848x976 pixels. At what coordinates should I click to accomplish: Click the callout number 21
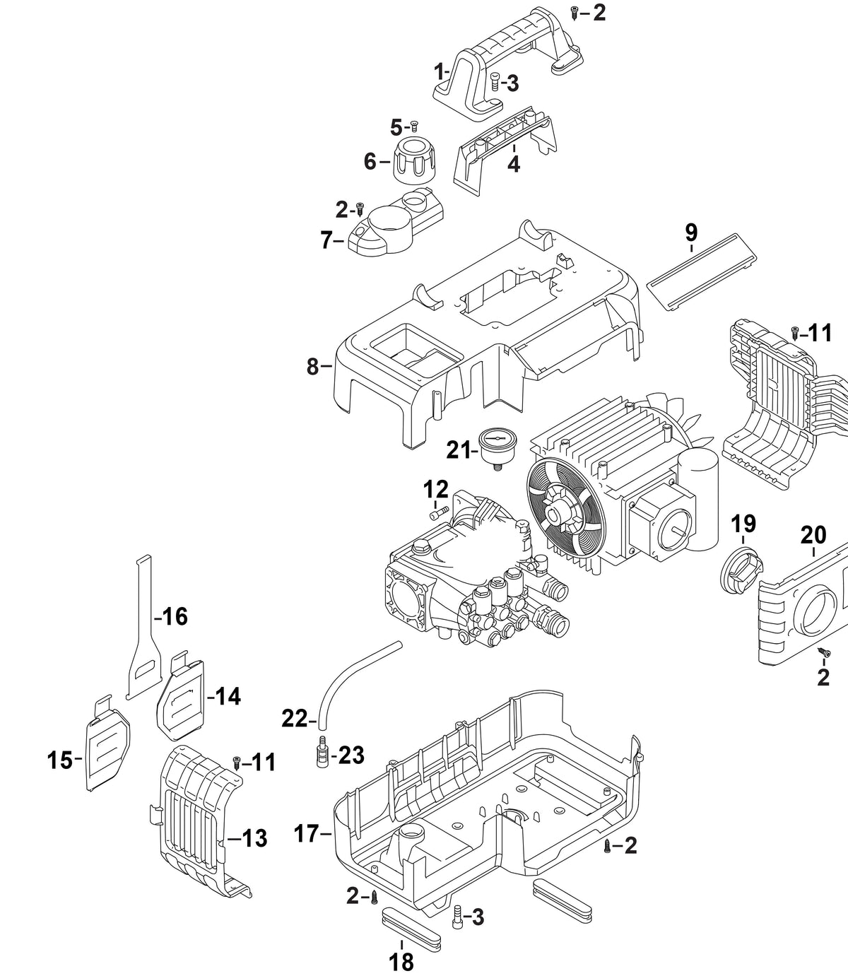point(459,449)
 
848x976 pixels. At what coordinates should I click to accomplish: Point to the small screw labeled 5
point(414,127)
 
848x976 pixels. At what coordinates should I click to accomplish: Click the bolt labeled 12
point(438,514)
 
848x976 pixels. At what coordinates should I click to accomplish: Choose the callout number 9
point(691,233)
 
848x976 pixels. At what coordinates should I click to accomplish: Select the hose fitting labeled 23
point(322,765)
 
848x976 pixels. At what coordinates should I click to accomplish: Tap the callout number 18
point(401,962)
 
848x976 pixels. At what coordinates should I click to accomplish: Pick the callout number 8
point(312,367)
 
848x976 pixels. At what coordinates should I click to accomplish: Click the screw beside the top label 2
point(575,13)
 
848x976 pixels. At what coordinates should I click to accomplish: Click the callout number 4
point(513,164)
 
